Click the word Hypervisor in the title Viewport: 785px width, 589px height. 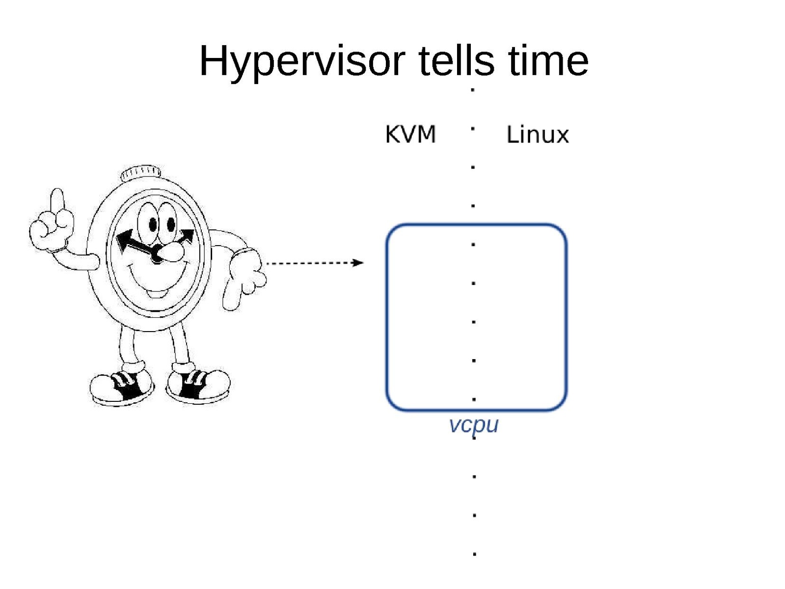[302, 61]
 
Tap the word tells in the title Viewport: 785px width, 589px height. [457, 60]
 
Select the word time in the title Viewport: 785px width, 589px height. [548, 60]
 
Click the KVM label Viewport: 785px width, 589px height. [410, 135]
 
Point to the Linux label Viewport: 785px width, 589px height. [537, 135]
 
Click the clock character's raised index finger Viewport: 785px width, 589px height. [57, 200]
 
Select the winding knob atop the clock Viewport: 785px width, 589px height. [140, 173]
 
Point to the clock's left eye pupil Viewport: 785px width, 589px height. [153, 224]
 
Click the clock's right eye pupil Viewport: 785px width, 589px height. [171, 224]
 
